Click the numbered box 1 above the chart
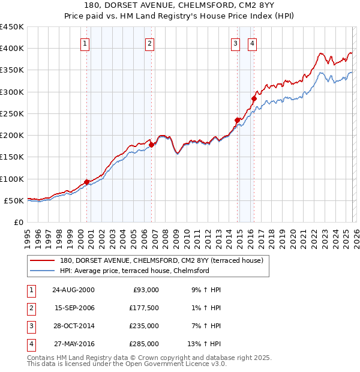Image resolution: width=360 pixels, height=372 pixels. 85,43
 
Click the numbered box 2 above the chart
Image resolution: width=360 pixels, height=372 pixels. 149,43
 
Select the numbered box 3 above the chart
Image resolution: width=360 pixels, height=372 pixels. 236,43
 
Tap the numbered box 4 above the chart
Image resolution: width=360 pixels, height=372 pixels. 253,43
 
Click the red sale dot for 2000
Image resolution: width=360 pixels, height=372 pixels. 87,182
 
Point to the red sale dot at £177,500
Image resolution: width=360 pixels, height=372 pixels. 152,145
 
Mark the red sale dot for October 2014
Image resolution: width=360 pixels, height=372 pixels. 238,120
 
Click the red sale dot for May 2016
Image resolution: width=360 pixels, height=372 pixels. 254,98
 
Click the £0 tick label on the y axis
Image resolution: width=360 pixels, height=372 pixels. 18,222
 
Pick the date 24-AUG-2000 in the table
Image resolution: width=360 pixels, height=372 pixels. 73,290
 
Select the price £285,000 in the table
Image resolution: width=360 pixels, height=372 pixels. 145,344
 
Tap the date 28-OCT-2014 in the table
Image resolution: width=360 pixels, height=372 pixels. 73,326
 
